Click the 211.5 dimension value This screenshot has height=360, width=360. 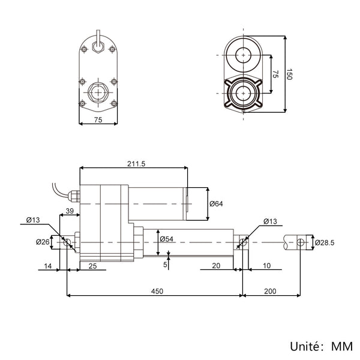tap(136, 164)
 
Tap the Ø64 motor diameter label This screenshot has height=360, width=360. tap(216, 203)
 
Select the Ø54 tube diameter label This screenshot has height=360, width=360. tap(166, 239)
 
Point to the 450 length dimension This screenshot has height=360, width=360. tap(157, 292)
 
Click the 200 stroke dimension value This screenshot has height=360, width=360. tap(270, 292)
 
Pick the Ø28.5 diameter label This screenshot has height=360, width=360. tap(325, 242)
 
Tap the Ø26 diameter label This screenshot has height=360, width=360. tap(43, 242)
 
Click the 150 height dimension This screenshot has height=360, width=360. tap(289, 74)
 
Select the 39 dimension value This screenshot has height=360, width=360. tap(70, 211)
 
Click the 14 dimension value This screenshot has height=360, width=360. tap(48, 266)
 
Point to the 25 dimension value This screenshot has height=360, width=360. tap(93, 266)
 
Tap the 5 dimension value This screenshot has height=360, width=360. tap(165, 265)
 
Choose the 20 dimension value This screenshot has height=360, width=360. tap(216, 266)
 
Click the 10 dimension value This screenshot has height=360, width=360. tap(266, 266)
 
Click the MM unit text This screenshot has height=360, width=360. tap(342, 346)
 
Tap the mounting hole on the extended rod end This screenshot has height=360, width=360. tap(301, 242)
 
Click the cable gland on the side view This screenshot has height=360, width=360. tap(74, 196)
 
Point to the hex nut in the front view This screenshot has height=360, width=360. tap(98, 92)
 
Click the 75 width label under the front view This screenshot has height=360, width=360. tap(98, 120)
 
